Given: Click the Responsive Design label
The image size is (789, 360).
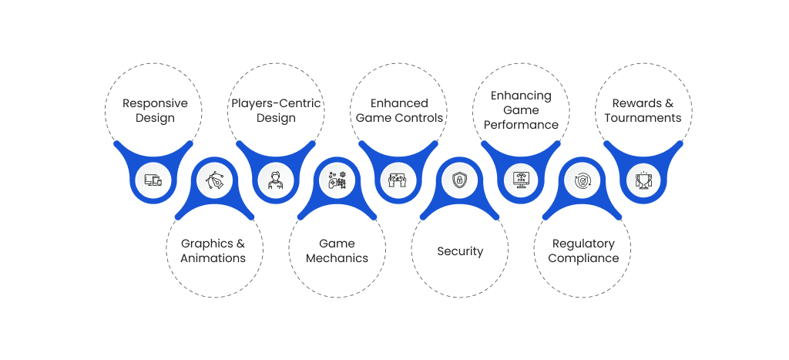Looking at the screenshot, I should click(155, 110).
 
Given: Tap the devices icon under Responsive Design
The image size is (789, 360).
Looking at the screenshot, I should click(153, 181).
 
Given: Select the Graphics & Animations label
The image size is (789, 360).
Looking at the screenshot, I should click(213, 251).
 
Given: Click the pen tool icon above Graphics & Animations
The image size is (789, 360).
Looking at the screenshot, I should click(214, 181).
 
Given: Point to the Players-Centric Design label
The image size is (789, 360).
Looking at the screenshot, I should click(276, 110).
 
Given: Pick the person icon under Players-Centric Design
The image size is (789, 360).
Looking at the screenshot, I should click(275, 181).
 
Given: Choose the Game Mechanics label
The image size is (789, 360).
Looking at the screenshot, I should click(337, 251).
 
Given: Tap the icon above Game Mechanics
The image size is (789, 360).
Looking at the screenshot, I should click(337, 181).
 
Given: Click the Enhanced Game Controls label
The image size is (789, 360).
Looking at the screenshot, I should click(399, 110).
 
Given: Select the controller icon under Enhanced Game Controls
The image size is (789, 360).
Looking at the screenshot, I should click(398, 181).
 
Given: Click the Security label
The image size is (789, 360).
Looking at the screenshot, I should click(460, 251).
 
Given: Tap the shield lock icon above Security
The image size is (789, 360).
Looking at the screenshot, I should click(460, 181).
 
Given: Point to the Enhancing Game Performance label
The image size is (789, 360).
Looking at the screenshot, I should click(522, 110).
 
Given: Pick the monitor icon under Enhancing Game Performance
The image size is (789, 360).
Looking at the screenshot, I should click(522, 181).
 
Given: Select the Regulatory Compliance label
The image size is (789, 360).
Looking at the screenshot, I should click(583, 251).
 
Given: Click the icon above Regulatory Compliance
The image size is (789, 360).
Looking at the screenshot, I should click(583, 181).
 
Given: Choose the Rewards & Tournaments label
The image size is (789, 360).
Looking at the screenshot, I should click(643, 110).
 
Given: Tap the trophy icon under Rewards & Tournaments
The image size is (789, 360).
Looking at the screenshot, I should click(643, 181).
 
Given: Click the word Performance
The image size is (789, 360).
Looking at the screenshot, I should click(522, 125).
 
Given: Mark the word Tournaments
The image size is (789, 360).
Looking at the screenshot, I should click(643, 118).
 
